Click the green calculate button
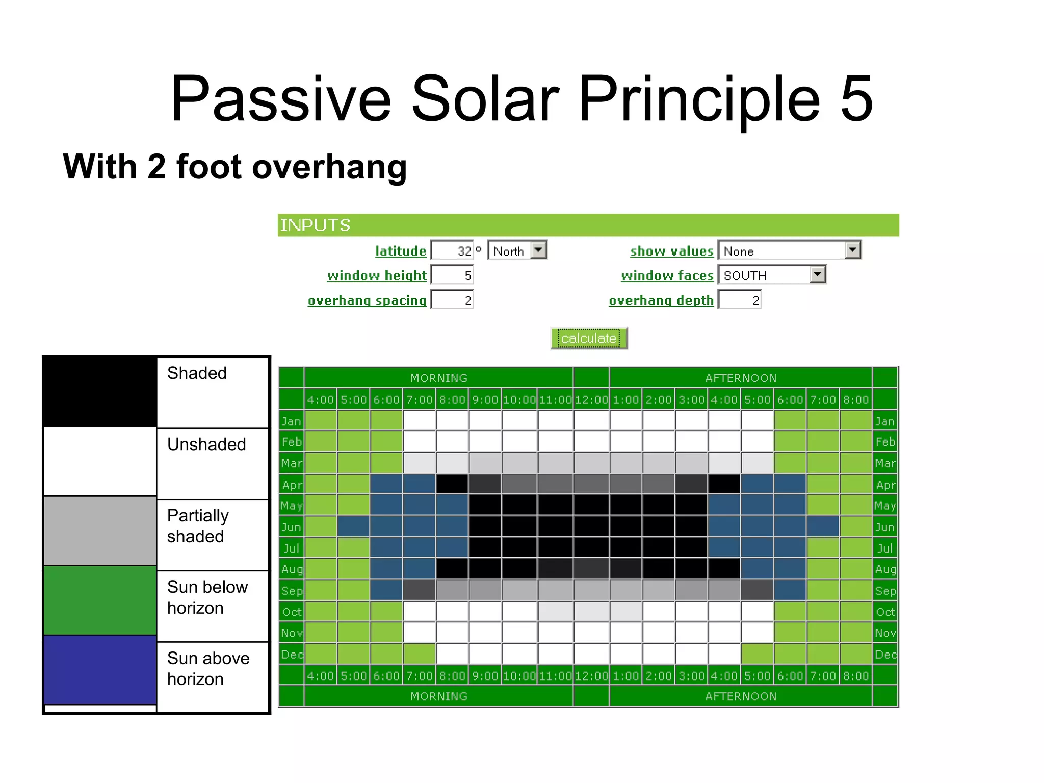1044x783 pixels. click(x=589, y=338)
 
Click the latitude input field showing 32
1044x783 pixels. click(x=452, y=251)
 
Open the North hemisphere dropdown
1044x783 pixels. click(x=538, y=250)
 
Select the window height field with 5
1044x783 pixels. click(x=452, y=275)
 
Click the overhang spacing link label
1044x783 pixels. click(x=367, y=301)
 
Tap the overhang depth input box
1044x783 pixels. click(x=740, y=300)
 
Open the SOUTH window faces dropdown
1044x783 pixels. click(x=817, y=275)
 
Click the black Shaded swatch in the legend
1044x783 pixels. click(x=100, y=391)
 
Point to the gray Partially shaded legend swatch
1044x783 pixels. click(x=100, y=530)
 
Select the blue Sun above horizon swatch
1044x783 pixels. click(x=100, y=670)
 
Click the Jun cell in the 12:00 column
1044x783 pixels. click(x=591, y=527)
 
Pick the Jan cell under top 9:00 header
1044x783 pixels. click(x=485, y=421)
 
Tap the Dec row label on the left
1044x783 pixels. click(x=292, y=655)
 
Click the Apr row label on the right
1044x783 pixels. click(x=885, y=485)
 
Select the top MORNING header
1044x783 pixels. click(x=438, y=378)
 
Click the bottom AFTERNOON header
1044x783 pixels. click(x=740, y=696)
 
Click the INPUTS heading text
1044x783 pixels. click(x=315, y=225)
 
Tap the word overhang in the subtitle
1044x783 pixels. click(x=329, y=167)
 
